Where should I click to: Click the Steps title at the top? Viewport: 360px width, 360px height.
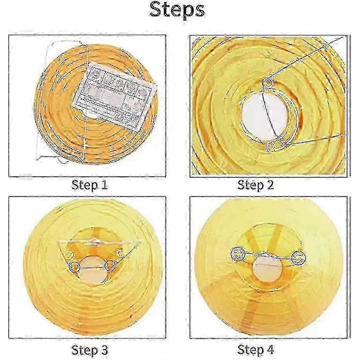[177, 10]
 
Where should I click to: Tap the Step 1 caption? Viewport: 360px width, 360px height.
[89, 185]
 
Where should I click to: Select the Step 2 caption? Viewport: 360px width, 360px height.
[256, 185]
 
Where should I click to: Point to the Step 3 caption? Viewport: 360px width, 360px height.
[89, 350]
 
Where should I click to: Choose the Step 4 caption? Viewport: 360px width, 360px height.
[256, 350]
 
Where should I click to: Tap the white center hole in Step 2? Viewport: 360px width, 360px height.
[264, 116]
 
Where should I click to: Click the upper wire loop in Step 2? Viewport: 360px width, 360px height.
[268, 83]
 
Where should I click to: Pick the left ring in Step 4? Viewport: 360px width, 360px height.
[238, 254]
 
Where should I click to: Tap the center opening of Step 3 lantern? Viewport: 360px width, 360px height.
[93, 270]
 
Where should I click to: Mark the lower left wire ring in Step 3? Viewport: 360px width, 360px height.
[75, 267]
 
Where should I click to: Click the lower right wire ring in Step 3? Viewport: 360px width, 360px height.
[110, 266]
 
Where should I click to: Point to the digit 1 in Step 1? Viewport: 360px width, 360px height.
[104, 185]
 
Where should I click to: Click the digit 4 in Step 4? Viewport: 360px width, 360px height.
[270, 349]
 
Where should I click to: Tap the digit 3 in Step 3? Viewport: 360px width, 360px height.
[104, 350]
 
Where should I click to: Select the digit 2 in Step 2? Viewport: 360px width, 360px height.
[270, 185]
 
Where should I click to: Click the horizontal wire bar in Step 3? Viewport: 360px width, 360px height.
[99, 242]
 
